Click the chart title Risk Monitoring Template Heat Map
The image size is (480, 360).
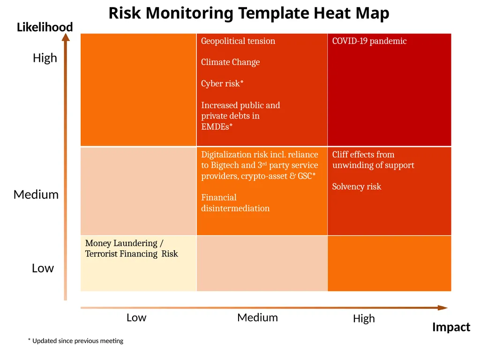point(249,14)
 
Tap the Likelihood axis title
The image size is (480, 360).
point(45,27)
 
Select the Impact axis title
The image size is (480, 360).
point(451,327)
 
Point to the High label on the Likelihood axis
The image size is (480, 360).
point(45,58)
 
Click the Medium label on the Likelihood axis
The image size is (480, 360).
point(36,195)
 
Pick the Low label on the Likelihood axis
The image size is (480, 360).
point(43,268)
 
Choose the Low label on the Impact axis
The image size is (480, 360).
point(136,318)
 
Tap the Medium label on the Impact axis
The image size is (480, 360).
point(257,318)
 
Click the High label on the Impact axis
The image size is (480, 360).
point(364,319)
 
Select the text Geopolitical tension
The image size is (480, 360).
point(238,41)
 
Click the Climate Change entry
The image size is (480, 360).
point(230,62)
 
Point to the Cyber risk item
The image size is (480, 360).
point(222,83)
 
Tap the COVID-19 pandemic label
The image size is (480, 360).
point(369,41)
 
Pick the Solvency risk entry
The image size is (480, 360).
point(357,187)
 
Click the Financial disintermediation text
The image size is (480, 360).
point(235,202)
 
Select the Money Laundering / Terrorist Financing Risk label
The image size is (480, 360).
point(131,248)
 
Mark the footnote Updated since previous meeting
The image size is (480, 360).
point(75,341)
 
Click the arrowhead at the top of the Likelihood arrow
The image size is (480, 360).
point(66,37)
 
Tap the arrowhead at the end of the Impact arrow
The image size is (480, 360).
point(442,307)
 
